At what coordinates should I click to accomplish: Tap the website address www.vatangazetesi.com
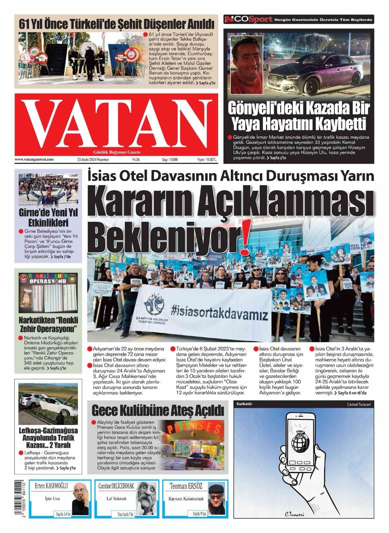tap(34, 160)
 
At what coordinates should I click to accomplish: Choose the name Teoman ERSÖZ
tap(186, 486)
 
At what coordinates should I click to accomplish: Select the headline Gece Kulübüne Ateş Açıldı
tap(158, 410)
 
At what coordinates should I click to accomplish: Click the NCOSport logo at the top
tap(248, 20)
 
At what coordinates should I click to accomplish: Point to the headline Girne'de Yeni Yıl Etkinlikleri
tap(48, 217)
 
